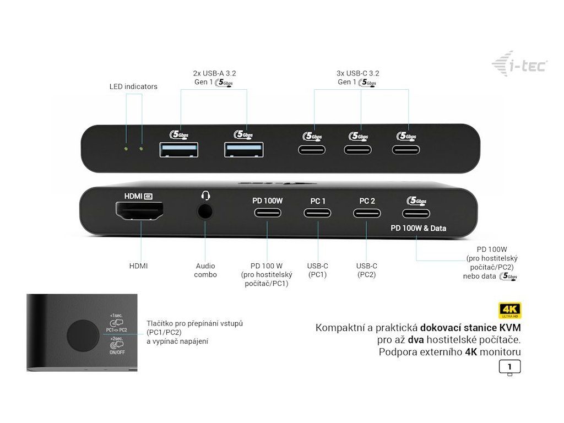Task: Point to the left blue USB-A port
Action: pos(179,149)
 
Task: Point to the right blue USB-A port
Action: pos(243,149)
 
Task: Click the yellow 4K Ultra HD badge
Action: pos(509,310)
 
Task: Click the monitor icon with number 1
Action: pos(509,367)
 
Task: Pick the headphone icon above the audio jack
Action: pos(206,196)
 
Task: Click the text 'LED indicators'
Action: pos(133,86)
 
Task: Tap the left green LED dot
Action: pos(127,149)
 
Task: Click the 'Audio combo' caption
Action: pos(205,270)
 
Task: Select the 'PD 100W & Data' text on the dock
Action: pos(418,228)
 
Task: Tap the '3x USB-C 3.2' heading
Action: pos(357,73)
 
